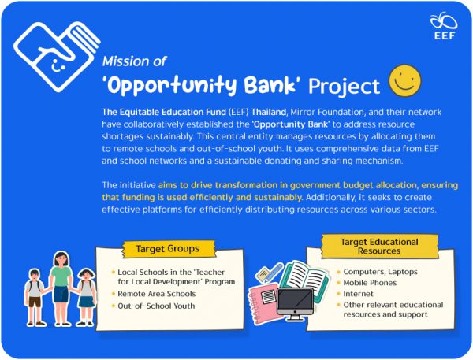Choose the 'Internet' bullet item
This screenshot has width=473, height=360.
tap(359, 293)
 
